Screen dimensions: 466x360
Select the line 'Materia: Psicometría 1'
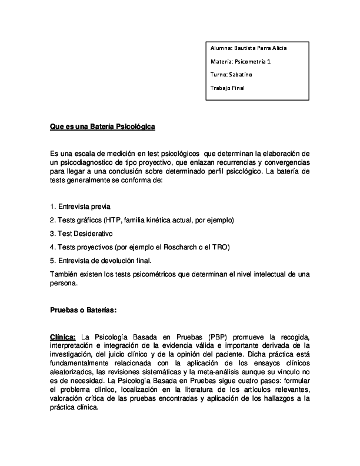click(x=240, y=61)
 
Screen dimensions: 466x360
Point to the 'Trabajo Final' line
click(x=227, y=88)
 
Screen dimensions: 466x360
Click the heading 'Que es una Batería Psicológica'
click(x=102, y=127)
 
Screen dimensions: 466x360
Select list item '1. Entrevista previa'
click(x=80, y=207)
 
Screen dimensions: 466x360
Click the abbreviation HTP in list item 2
click(x=112, y=220)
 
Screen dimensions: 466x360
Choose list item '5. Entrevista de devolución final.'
click(x=101, y=259)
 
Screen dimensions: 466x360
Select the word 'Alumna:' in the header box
click(x=221, y=48)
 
